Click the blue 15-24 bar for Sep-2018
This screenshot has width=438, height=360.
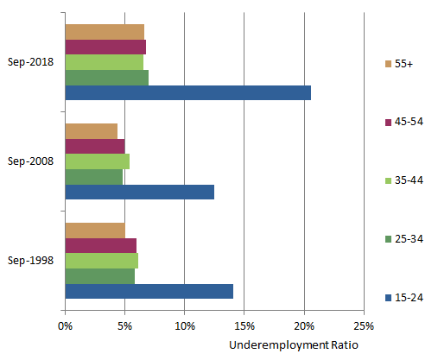(187, 93)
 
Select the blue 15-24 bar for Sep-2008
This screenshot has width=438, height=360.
(139, 193)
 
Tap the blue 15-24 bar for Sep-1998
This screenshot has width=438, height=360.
(149, 292)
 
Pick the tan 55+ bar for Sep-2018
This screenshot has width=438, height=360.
(105, 32)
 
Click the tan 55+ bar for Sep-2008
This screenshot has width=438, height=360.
(91, 130)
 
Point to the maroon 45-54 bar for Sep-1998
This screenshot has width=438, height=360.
(100, 245)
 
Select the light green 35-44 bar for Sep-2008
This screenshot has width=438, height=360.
(97, 161)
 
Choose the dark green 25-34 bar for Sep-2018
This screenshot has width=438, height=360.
(106, 78)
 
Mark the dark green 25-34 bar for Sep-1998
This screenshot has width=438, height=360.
(99, 276)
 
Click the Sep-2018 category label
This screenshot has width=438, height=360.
(30, 62)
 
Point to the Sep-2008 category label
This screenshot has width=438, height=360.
(30, 161)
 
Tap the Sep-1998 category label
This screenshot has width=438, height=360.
(30, 260)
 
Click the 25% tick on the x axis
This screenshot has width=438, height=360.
(364, 326)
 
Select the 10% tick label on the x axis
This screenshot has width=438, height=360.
(184, 326)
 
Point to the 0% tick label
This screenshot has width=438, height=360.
(65, 326)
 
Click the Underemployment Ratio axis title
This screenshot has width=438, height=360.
(293, 344)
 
